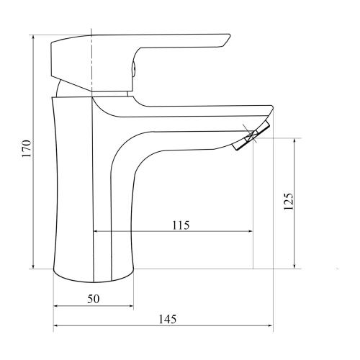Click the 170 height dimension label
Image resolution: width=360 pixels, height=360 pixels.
(x=27, y=148)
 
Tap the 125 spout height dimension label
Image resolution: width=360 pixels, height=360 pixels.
(x=288, y=202)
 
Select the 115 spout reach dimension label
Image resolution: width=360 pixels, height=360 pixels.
(x=181, y=225)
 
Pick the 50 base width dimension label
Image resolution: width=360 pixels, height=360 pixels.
(x=93, y=299)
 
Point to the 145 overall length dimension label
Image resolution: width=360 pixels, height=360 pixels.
(x=168, y=319)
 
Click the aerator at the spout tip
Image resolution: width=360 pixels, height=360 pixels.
(x=251, y=135)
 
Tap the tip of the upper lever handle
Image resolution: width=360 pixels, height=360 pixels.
(x=229, y=36)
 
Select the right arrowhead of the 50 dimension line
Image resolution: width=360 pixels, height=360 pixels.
(x=131, y=306)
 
